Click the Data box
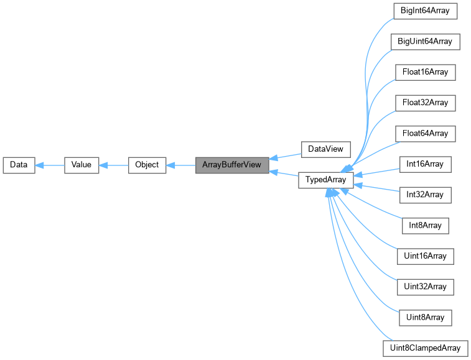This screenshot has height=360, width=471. point(19,165)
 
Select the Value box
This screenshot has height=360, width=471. point(82,165)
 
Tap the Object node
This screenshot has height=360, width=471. point(147,165)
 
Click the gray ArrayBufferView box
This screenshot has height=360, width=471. point(232,165)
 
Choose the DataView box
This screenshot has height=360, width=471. point(325,150)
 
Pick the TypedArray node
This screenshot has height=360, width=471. point(326,180)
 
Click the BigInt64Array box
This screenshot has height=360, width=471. point(426,11)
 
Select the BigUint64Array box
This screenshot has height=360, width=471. point(426,42)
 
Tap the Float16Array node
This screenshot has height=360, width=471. point(426,72)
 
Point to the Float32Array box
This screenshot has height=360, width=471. point(426,102)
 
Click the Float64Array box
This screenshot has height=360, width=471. point(426,133)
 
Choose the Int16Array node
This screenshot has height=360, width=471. point(426,164)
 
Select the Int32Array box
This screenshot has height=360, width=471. point(426,195)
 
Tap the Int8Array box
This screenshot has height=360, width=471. point(426,225)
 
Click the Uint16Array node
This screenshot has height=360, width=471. point(426,256)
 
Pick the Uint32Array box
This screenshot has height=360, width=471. point(426,287)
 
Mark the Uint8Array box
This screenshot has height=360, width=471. point(426,317)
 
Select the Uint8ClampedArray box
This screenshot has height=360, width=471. point(426,348)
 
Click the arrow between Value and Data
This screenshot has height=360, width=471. point(50,165)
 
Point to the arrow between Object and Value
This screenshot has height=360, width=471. point(114,165)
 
